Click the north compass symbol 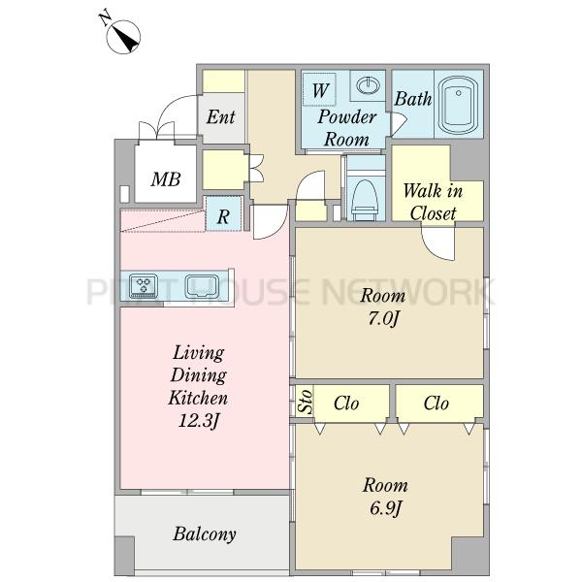click(123, 37)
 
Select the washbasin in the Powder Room click(368, 85)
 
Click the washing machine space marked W click(319, 89)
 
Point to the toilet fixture click(365, 199)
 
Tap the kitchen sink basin click(202, 286)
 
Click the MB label click(166, 179)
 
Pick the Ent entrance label click(221, 117)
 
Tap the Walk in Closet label click(433, 202)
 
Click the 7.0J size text click(384, 319)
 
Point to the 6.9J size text click(386, 508)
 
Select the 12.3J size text click(199, 421)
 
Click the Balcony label click(205, 534)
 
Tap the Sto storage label click(306, 402)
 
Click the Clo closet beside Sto click(346, 404)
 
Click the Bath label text click(413, 99)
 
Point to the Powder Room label click(346, 128)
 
